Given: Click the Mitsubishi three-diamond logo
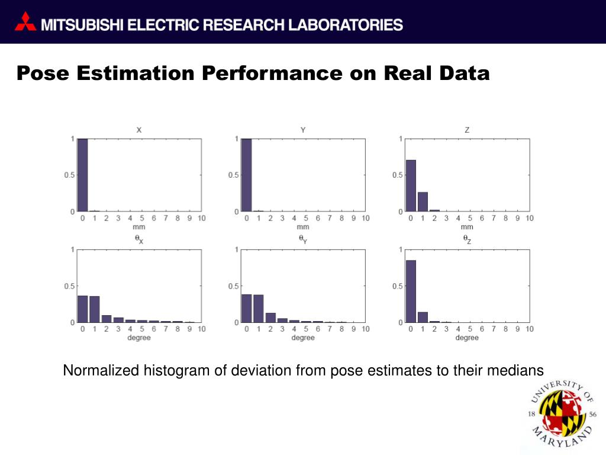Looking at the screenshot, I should click(x=25, y=23).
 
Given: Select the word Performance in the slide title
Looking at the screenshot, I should click(x=272, y=73).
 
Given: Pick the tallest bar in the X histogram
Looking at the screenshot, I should click(x=83, y=175).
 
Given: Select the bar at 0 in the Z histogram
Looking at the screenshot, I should click(x=411, y=185).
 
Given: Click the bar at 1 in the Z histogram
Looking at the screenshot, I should click(x=423, y=201).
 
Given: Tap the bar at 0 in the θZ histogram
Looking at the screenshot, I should click(x=411, y=291).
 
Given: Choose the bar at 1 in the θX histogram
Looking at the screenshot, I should click(x=95, y=309).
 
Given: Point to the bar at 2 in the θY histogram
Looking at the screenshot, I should click(x=270, y=317).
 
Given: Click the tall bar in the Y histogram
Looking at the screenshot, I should click(x=247, y=175).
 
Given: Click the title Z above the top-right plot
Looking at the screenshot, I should click(x=467, y=130).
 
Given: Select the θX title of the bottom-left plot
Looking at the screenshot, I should click(x=138, y=239).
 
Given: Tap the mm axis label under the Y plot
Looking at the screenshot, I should click(x=303, y=227).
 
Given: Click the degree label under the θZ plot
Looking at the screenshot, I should click(x=467, y=338).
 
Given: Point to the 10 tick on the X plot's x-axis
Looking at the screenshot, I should click(x=201, y=219).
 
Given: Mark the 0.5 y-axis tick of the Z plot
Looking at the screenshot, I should click(x=397, y=175).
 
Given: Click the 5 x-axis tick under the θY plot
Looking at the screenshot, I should click(x=306, y=329).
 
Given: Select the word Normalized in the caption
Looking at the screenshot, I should click(x=101, y=371).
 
